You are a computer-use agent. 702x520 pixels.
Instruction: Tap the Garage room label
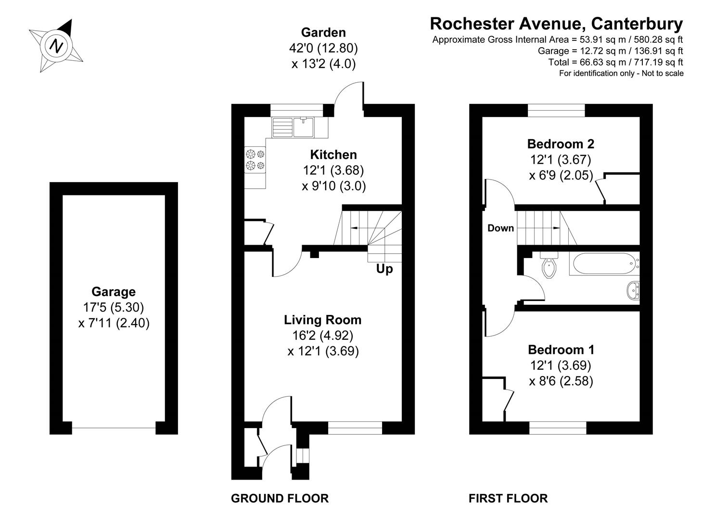click(114, 291)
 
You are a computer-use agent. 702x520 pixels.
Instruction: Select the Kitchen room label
click(333, 155)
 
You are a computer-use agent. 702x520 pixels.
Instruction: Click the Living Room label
click(322, 320)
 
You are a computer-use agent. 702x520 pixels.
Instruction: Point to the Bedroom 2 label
click(561, 143)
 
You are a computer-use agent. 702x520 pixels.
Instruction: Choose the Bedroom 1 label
click(561, 350)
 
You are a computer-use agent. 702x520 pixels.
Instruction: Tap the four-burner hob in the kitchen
click(255, 160)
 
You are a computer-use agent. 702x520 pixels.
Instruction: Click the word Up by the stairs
click(384, 269)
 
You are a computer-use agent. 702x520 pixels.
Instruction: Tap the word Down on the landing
click(500, 228)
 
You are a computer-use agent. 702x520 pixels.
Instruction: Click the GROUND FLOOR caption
click(280, 498)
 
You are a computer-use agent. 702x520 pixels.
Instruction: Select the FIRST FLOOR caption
click(508, 498)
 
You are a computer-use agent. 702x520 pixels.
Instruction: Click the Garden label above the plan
click(323, 32)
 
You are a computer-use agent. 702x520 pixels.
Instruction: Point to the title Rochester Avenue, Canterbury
click(556, 23)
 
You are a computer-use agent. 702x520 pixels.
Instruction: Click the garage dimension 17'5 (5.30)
click(114, 307)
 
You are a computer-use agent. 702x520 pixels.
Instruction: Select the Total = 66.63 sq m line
click(615, 62)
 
